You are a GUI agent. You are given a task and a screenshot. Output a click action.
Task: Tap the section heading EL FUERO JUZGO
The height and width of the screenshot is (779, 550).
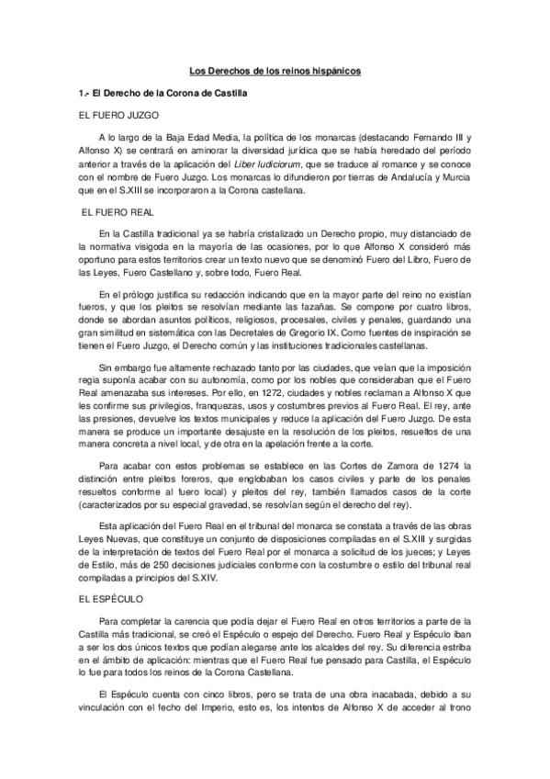pos(120,116)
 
